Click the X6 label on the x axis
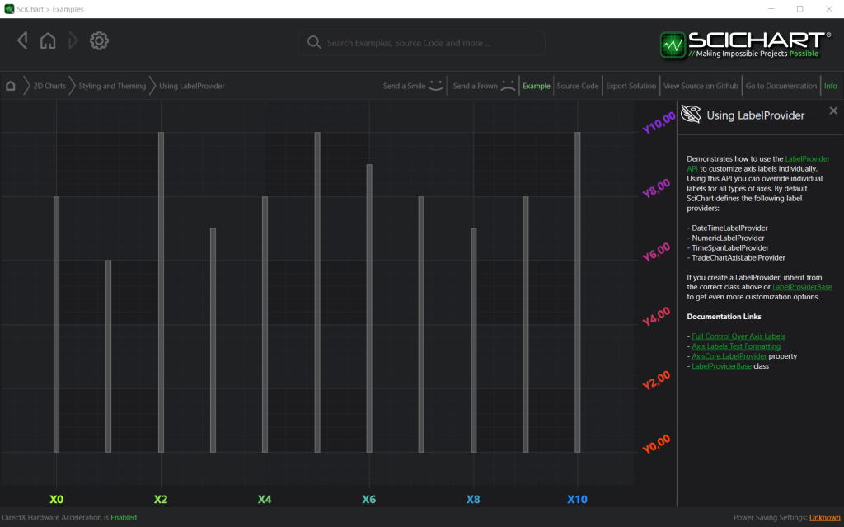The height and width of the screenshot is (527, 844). [x=368, y=500]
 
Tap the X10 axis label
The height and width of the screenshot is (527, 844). [x=577, y=500]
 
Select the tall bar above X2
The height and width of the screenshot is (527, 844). [x=161, y=292]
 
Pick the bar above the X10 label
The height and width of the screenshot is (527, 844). [x=577, y=292]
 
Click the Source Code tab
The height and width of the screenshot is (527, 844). [x=577, y=86]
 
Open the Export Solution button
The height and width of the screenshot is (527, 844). [x=631, y=86]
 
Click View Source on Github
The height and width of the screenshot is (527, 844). [x=701, y=86]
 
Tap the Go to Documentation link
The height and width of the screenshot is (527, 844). [x=781, y=86]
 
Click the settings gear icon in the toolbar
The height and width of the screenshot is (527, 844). [x=100, y=40]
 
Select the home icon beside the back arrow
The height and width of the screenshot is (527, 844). [x=48, y=40]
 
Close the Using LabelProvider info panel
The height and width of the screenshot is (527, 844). [x=833, y=111]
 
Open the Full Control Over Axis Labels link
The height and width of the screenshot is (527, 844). [x=738, y=336]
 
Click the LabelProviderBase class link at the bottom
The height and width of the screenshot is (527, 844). [x=721, y=366]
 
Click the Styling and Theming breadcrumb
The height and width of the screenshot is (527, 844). [x=112, y=86]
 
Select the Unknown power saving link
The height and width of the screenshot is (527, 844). [x=824, y=518]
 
